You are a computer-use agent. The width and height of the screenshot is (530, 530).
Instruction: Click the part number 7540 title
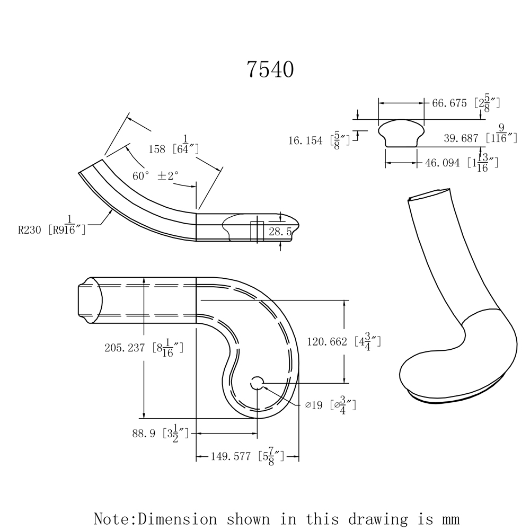270,69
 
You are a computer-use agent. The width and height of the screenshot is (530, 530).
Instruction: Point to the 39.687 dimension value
461,138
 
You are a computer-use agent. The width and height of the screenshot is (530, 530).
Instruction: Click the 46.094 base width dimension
442,163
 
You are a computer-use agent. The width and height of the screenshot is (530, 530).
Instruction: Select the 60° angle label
142,176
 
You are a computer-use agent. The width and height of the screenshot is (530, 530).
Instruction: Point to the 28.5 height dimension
280,232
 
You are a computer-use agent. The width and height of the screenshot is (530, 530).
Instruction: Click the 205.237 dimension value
126,348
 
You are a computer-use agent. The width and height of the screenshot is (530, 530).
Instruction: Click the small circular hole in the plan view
257,383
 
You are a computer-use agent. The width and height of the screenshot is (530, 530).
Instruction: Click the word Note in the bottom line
112,518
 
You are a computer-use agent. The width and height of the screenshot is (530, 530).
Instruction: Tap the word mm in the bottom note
445,518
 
